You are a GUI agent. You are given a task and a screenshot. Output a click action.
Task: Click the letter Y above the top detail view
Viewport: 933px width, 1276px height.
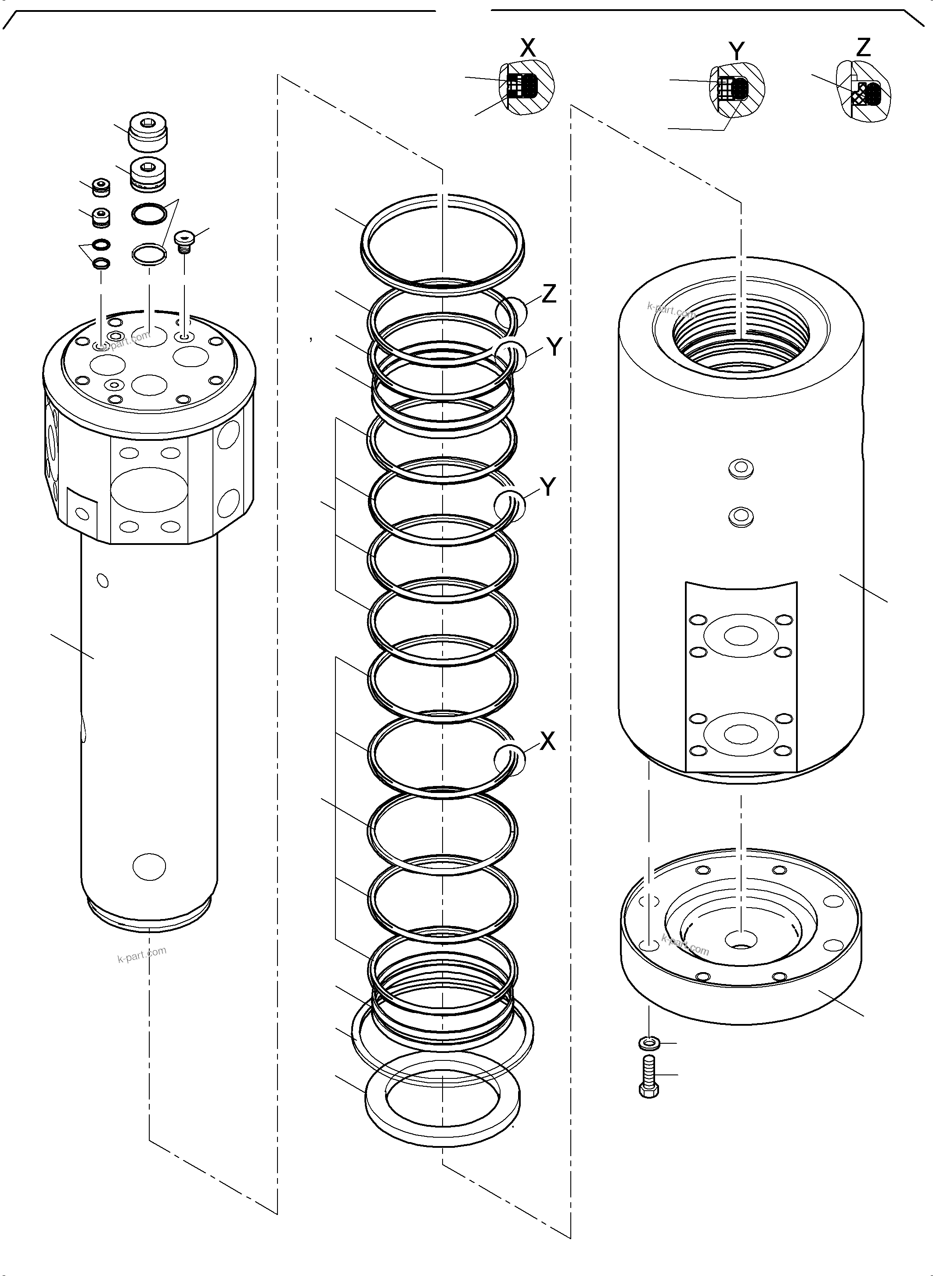(x=736, y=51)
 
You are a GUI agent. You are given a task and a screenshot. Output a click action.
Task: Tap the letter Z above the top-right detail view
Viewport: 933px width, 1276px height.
(x=863, y=47)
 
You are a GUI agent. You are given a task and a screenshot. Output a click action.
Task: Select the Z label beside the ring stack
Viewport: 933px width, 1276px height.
(x=549, y=293)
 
